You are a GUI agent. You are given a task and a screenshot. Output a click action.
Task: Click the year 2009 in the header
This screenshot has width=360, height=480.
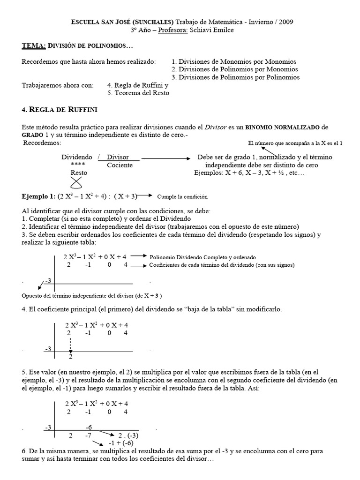tap(286, 22)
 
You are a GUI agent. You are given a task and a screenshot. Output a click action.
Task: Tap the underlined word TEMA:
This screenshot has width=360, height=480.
tap(34, 45)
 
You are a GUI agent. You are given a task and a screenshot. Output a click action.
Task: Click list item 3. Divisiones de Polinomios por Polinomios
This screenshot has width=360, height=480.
tap(236, 77)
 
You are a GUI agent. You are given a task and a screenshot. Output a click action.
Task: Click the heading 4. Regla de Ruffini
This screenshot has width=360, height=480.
tap(60, 110)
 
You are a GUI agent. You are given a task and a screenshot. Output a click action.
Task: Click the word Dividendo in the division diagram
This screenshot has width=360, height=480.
tap(77, 157)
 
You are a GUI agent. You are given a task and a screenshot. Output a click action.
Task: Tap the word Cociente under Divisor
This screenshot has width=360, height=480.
tap(120, 165)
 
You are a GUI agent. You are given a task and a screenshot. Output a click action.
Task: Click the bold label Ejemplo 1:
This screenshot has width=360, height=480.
tap(38, 196)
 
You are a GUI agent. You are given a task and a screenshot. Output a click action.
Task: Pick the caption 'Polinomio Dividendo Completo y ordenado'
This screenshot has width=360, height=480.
tap(202, 257)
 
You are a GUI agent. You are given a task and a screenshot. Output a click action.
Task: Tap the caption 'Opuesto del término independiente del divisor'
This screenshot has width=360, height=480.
tap(92, 296)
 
